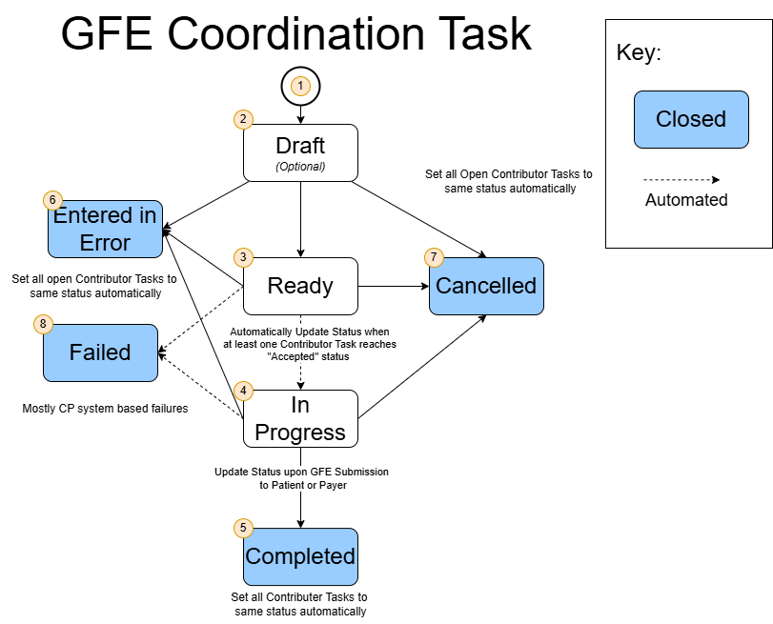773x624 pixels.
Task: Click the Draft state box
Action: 300,152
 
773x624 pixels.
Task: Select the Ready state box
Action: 300,286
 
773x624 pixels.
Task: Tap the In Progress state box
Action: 300,419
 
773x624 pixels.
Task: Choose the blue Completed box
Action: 300,556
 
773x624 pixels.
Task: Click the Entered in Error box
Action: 105,229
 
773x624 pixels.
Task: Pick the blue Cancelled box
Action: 486,286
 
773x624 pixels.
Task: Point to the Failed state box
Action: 100,352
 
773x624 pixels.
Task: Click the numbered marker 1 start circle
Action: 301,86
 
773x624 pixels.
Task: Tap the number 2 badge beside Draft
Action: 244,119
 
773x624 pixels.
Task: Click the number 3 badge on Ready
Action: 244,257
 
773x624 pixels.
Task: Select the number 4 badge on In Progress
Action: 244,391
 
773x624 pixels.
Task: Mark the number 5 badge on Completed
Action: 244,528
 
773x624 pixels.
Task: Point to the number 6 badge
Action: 53,200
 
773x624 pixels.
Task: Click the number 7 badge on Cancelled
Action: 435,257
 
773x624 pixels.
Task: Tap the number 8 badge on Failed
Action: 44,324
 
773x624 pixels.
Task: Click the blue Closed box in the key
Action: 691,119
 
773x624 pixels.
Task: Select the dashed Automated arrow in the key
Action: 681,179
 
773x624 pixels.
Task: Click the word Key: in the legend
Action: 639,52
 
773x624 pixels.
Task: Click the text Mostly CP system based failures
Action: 105,409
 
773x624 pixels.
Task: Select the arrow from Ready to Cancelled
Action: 393,286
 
